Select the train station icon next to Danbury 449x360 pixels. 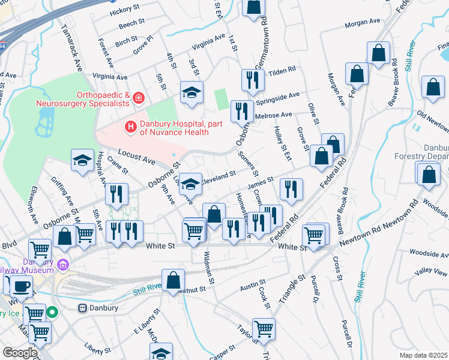[x=83, y=308]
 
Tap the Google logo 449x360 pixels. [x=19, y=353]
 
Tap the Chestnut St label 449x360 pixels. [x=191, y=289]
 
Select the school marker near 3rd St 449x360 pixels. [x=191, y=92]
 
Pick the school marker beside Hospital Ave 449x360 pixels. [x=82, y=160]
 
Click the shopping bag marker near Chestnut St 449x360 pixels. [x=173, y=280]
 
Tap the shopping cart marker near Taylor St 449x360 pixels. [x=264, y=329]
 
